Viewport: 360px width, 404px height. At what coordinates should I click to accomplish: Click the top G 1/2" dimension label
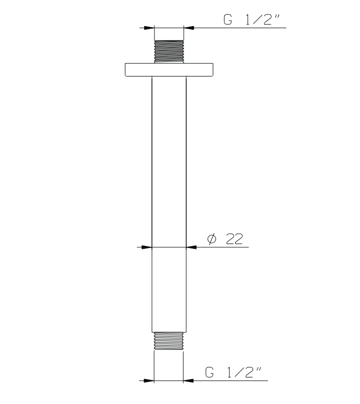[x=251, y=20]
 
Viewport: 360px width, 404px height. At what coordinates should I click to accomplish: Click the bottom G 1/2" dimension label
[x=233, y=372]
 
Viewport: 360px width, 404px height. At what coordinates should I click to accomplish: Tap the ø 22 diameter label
[x=225, y=239]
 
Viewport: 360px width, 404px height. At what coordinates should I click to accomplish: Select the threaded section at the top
[x=169, y=52]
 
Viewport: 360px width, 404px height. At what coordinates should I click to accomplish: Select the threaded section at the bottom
[x=169, y=341]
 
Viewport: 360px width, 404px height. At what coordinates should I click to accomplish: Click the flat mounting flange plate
[x=169, y=70]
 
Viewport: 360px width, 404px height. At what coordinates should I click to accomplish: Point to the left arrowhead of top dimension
[x=149, y=28]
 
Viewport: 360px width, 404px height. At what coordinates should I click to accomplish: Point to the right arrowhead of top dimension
[x=189, y=28]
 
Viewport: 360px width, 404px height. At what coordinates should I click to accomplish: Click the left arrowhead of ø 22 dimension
[x=147, y=247]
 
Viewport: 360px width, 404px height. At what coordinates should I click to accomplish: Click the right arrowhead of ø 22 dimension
[x=191, y=247]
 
